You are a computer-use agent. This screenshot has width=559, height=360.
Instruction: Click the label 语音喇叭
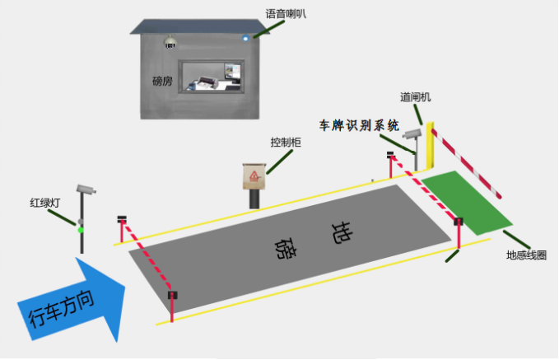pyautogui.click(x=286, y=14)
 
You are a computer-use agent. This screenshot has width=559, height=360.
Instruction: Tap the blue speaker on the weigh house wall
pyautogui.click(x=245, y=38)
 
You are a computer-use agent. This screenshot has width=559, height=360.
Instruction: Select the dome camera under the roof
pyautogui.click(x=170, y=42)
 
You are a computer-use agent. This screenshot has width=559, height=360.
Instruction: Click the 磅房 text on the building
pyautogui.click(x=162, y=82)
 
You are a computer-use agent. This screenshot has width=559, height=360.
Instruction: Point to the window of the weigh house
pyautogui.click(x=212, y=77)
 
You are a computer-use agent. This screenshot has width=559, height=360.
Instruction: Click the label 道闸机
pyautogui.click(x=415, y=97)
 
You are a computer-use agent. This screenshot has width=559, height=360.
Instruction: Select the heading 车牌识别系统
pyautogui.click(x=359, y=125)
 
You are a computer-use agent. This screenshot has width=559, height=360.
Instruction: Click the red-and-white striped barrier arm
pyautogui.click(x=466, y=163)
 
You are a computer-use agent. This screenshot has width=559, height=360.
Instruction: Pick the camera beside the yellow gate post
pyautogui.click(x=412, y=133)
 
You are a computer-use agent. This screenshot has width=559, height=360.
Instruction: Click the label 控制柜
pyautogui.click(x=286, y=143)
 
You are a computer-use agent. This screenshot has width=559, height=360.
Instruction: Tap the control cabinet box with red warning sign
pyautogui.click(x=254, y=176)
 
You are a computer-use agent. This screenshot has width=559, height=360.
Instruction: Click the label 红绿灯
pyautogui.click(x=45, y=203)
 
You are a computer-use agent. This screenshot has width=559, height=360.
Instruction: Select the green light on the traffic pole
pyautogui.click(x=81, y=230)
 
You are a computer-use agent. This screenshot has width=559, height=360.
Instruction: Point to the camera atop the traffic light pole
pyautogui.click(x=86, y=189)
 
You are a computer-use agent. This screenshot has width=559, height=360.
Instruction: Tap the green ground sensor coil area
pyautogui.click(x=467, y=203)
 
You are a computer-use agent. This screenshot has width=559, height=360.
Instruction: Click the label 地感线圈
pyautogui.click(x=526, y=255)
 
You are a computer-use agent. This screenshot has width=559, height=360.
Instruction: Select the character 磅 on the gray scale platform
pyautogui.click(x=286, y=248)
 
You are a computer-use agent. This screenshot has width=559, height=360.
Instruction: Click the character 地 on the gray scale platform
pyautogui.click(x=342, y=232)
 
